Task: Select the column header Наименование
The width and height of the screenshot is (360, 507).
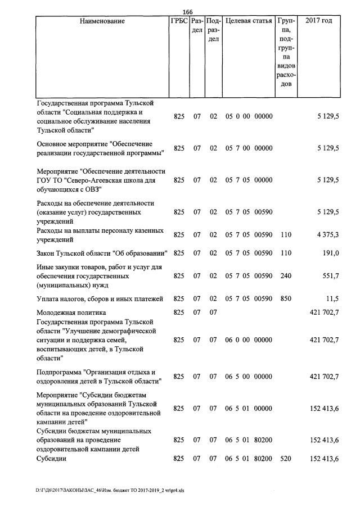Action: point(102,21)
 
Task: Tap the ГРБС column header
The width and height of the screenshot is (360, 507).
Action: point(178,21)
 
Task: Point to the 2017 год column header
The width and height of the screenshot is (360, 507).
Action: point(318,21)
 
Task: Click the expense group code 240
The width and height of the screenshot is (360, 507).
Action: point(286,276)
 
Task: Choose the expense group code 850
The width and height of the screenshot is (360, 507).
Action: point(286,298)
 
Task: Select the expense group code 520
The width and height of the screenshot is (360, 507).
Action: point(286,459)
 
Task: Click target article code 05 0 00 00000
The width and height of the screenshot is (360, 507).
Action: point(248,117)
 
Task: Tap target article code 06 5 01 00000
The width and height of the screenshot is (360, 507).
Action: point(248,408)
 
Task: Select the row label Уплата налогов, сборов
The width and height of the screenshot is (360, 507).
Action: point(99,298)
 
